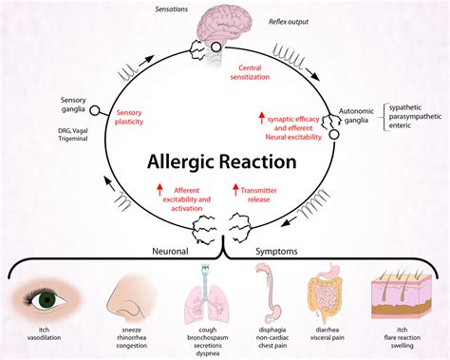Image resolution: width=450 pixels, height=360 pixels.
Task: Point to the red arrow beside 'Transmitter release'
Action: tap(234, 193)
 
